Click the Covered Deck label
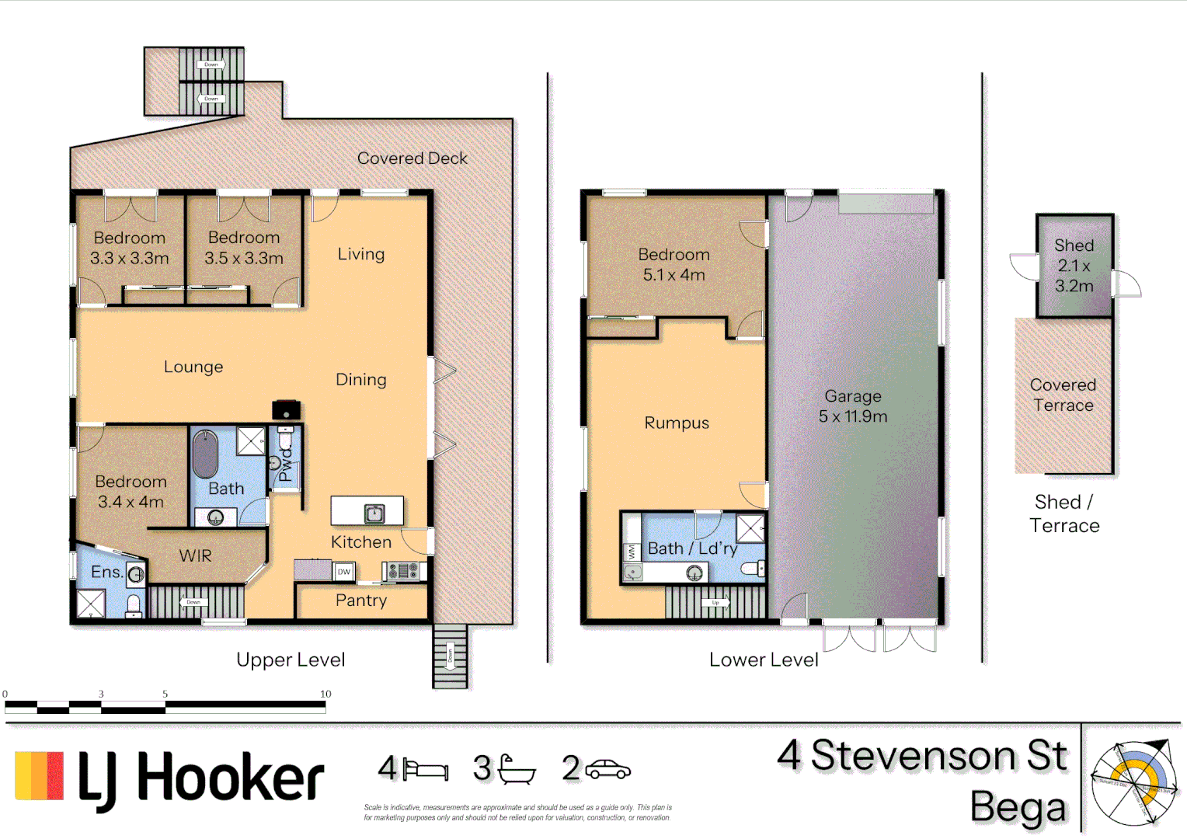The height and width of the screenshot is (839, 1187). tap(412, 158)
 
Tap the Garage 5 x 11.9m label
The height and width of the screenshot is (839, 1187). tap(852, 406)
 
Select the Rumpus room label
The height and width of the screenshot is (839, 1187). tap(677, 423)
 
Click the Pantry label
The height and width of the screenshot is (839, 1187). tap(360, 601)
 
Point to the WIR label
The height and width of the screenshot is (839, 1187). tap(195, 556)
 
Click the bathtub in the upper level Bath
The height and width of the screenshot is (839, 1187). tap(205, 454)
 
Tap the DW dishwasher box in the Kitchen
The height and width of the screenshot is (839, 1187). tap(343, 572)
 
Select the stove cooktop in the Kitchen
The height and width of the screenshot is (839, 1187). tap(403, 572)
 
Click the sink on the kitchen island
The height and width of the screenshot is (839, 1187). tap(374, 513)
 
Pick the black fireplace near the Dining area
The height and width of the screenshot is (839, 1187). tap(286, 409)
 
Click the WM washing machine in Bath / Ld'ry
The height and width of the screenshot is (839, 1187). tap(632, 552)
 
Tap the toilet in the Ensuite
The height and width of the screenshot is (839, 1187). tap(134, 605)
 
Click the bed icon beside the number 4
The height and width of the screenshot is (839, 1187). tap(425, 770)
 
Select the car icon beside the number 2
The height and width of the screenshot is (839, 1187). tap(607, 770)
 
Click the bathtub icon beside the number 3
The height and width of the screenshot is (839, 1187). tap(516, 770)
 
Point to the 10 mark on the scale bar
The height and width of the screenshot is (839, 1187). tap(325, 695)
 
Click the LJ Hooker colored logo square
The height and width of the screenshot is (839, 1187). tap(39, 775)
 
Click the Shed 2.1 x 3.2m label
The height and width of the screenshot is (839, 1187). tap(1074, 266)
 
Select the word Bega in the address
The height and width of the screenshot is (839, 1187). tap(1018, 808)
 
